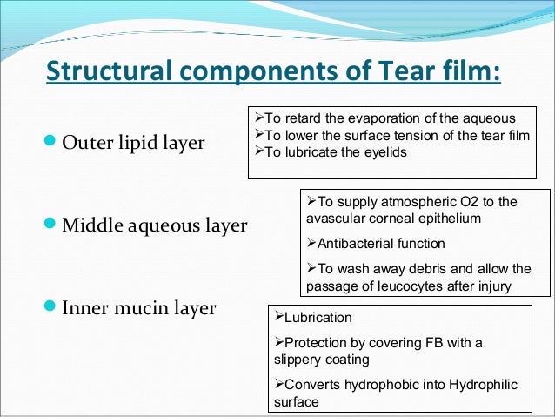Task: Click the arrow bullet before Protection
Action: coord(278,343)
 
